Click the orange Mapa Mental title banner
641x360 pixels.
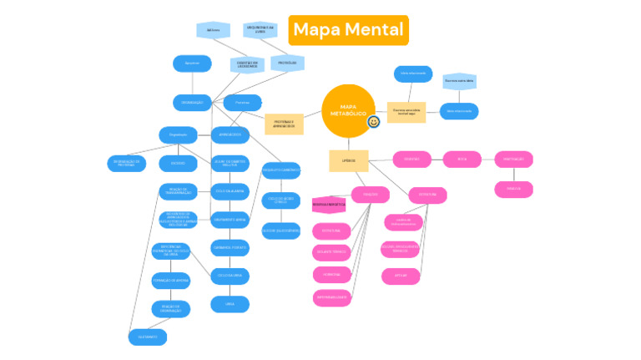[348, 30]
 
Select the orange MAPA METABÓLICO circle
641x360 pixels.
[348, 111]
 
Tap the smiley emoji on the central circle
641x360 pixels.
[374, 122]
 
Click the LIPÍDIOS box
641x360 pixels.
[348, 160]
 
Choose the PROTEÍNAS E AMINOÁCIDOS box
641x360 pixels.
[284, 124]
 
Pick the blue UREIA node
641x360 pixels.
[230, 304]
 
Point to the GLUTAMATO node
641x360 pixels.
[148, 337]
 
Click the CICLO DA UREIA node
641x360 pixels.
[230, 275]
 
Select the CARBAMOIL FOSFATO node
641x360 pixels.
[230, 247]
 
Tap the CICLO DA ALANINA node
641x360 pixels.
[230, 191]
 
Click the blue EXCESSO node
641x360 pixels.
[178, 164]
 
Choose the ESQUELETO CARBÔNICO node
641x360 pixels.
[280, 170]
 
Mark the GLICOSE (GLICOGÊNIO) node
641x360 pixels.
[280, 230]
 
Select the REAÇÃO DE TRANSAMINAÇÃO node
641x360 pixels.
[178, 191]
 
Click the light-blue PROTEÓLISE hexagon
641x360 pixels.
[287, 63]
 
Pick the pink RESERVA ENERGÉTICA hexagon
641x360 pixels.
[328, 203]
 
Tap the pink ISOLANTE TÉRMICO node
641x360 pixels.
[331, 252]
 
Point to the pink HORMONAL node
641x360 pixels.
[331, 274]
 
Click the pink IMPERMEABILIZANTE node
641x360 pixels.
[331, 297]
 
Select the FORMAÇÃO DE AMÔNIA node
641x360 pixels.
[170, 281]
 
